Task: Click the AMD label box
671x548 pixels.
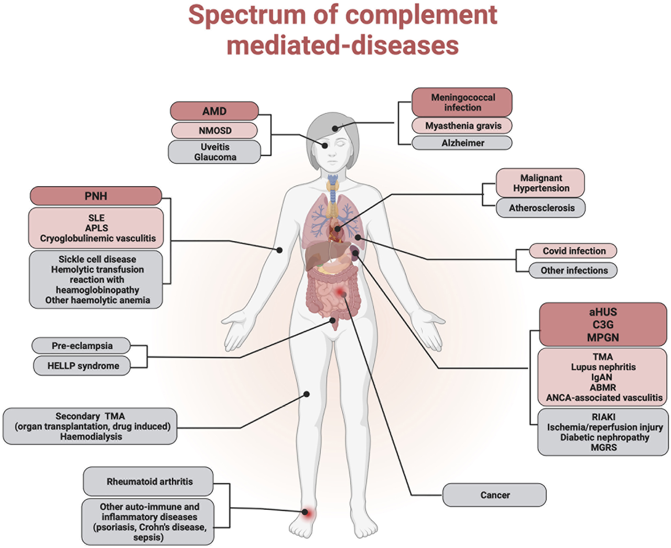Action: tap(214, 111)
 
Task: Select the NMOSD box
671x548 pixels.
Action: tap(214, 131)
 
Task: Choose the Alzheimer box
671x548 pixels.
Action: tap(462, 143)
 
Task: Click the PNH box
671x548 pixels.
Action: tap(96, 196)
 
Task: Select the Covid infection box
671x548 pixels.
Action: tap(573, 251)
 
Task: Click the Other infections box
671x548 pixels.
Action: tap(573, 270)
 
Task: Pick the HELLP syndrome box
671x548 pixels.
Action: tap(82, 366)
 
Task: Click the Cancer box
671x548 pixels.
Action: tap(494, 495)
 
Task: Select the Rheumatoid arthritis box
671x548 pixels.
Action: tap(148, 481)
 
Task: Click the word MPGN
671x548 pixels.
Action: tap(603, 337)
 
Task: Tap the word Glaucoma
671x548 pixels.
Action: tap(215, 157)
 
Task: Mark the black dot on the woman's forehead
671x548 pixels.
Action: tap(334, 128)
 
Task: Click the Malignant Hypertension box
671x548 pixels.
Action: tap(540, 183)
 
